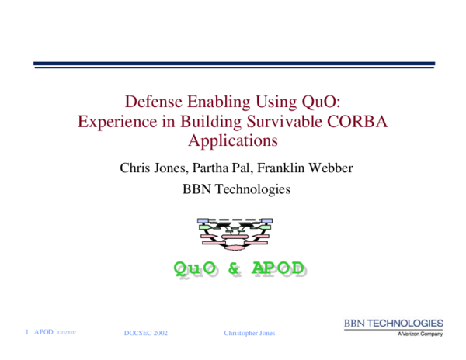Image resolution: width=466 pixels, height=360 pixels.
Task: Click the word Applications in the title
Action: coord(233,141)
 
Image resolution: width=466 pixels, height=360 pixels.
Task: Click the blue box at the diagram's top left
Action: coord(204,222)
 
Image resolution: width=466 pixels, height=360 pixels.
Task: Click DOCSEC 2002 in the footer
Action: coord(146,333)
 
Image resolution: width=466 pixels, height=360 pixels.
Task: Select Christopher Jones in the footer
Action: coord(249,333)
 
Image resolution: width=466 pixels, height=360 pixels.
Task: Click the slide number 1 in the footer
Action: coord(27,332)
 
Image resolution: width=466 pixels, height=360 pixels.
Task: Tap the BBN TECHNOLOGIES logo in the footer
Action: coord(394,323)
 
